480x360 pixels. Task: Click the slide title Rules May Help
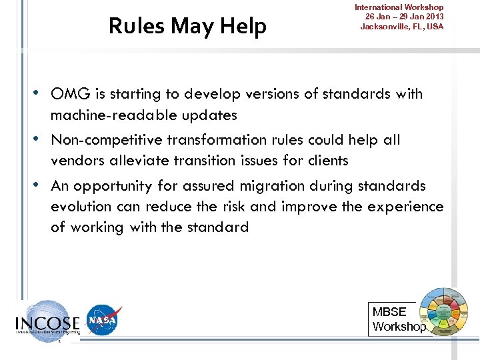[187, 26]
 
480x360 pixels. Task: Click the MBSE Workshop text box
[398, 319]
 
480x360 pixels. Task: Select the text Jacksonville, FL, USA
[401, 27]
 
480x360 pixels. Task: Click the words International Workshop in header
[399, 7]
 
